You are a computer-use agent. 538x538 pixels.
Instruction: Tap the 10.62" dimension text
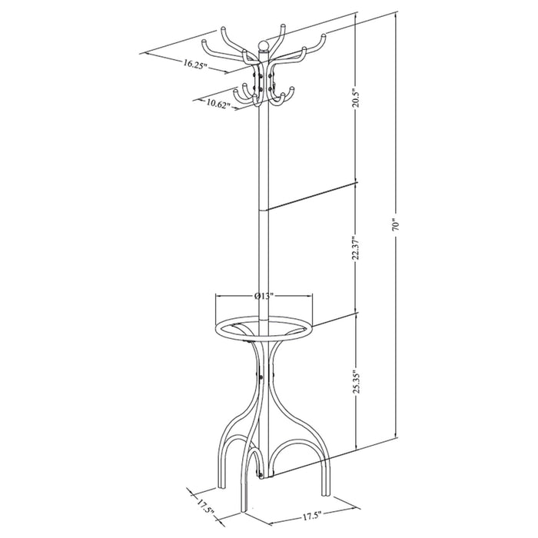[218, 104]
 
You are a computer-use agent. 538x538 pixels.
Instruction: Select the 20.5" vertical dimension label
[357, 98]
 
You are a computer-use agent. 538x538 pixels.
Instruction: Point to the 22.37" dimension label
[357, 247]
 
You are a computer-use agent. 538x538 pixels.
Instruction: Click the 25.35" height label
[357, 381]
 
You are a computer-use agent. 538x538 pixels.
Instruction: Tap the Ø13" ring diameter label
[264, 296]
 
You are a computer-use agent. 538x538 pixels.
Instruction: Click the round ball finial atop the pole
[263, 45]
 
